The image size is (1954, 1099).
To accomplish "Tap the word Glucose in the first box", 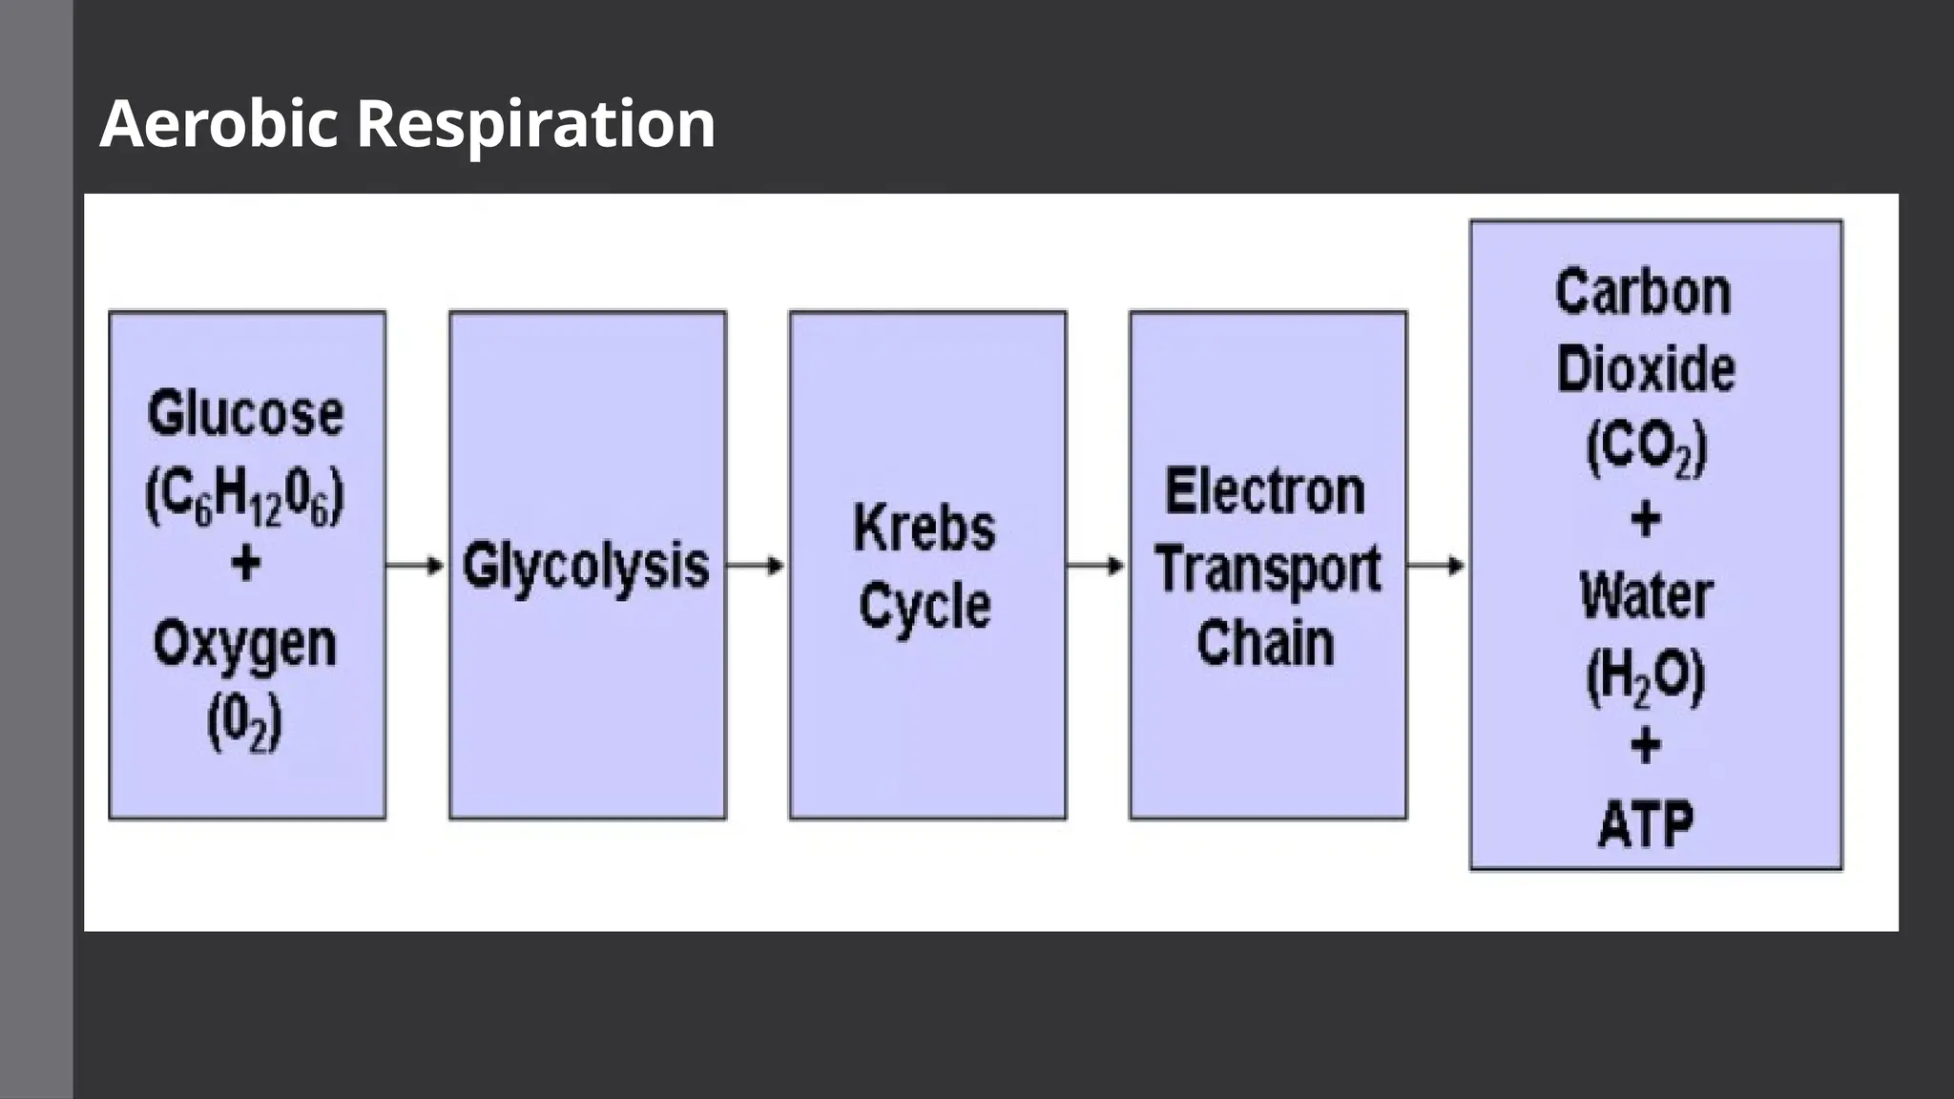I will point(245,415).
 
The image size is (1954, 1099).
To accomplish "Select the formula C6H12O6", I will point(244,497).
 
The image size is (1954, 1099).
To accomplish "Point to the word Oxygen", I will point(245,645).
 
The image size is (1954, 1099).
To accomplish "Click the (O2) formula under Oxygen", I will point(244,722).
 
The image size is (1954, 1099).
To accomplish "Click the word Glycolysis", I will point(586,566).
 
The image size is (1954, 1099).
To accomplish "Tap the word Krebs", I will point(924,528).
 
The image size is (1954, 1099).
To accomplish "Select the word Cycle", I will point(925,607).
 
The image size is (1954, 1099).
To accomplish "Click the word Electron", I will point(1265,492).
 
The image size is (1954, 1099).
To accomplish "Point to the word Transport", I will point(1268,570).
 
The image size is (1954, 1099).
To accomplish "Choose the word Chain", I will point(1265,643).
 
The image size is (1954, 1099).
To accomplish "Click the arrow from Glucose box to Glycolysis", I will point(416,566).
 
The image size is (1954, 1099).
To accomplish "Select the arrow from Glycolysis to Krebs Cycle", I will point(756,566).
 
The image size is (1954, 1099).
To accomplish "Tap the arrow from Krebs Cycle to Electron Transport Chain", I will point(1096,566).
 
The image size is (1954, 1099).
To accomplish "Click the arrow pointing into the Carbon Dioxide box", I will point(1436,566).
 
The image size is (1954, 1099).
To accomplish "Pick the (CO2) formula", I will point(1646,447).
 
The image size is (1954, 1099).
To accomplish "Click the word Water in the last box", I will point(1646,597).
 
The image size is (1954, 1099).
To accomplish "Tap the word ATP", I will point(1646,824).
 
